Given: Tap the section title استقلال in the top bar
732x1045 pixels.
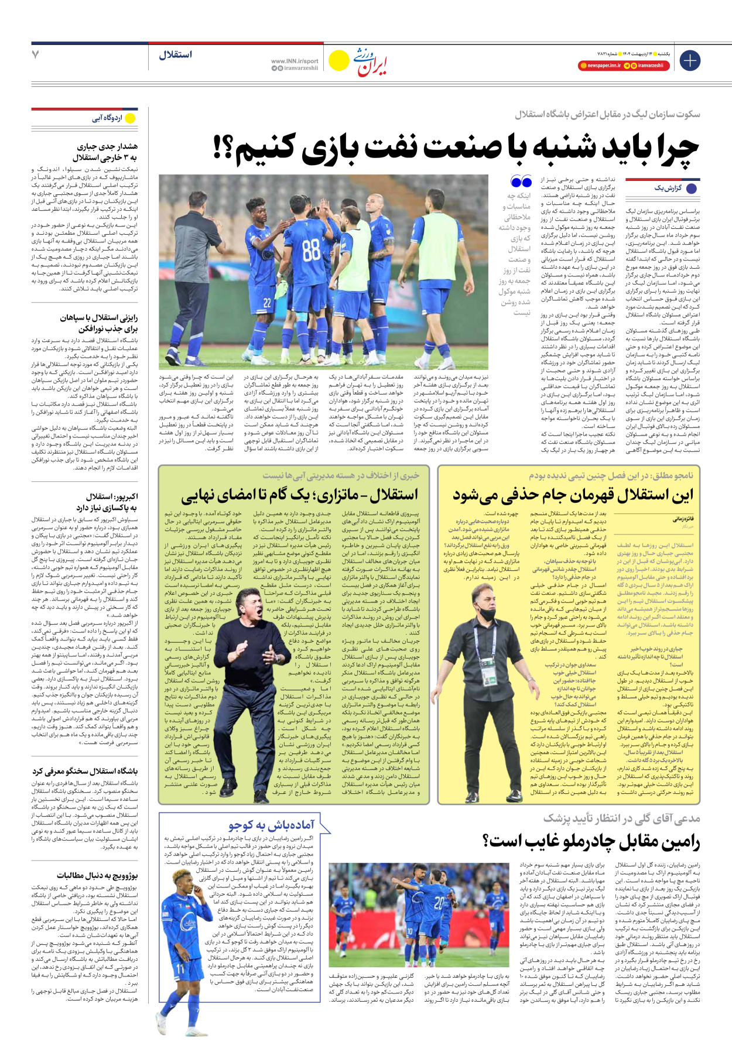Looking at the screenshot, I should [175, 54].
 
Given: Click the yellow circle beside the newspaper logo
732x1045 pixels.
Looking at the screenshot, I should [338, 60].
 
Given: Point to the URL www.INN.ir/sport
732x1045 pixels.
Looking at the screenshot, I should [295, 61].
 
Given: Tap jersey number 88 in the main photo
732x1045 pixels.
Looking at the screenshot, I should [311, 250].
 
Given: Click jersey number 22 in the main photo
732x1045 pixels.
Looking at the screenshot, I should [267, 302].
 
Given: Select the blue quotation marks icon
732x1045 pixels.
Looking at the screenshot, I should [521, 181].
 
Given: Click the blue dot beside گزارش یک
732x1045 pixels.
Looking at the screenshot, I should [692, 189].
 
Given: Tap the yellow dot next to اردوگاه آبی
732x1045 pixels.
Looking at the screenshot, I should [130, 118].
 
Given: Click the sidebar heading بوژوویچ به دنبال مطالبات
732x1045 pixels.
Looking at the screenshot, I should [97, 875].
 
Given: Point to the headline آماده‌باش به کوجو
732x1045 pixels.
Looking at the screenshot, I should [271, 825].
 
